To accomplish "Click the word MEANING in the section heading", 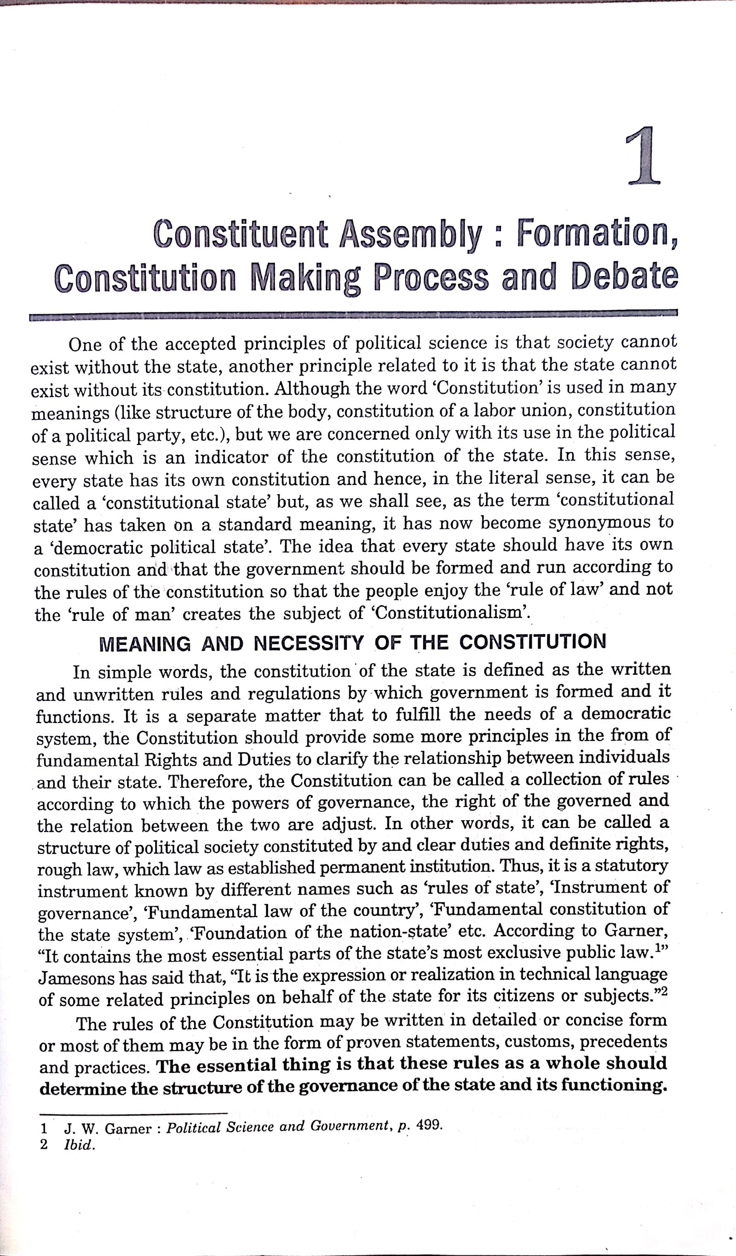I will [145, 644].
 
